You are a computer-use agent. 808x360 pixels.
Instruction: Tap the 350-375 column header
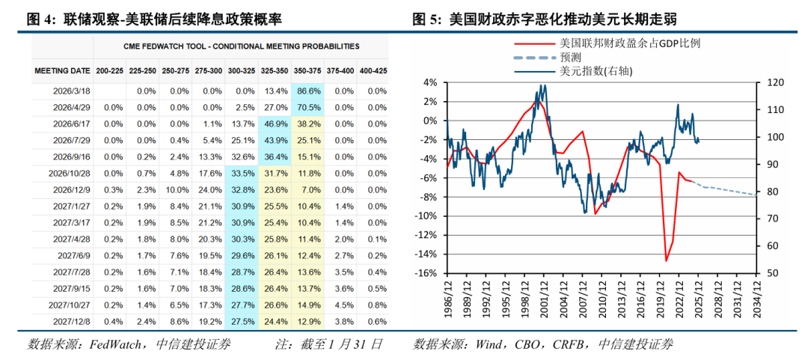point(308,70)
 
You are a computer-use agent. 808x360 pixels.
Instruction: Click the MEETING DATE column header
point(62,70)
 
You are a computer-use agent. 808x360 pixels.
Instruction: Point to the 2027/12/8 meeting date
point(73,321)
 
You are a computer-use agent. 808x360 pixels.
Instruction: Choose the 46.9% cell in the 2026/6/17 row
point(277,123)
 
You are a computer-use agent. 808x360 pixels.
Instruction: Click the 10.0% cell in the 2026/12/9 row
point(177,189)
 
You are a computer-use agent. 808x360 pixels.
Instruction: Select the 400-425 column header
point(373,70)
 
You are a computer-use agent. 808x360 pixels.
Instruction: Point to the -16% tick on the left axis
point(428,273)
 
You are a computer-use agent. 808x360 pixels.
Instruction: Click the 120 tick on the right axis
point(768,82)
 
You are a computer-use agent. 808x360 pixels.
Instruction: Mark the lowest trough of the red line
point(666,260)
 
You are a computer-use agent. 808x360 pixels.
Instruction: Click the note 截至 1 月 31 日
point(340,344)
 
